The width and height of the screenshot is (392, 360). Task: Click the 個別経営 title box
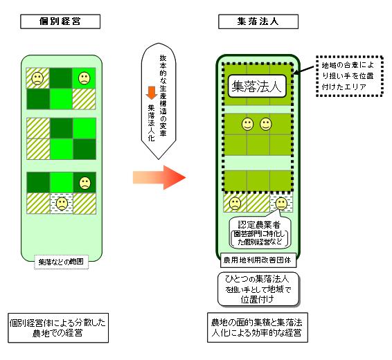tap(62, 21)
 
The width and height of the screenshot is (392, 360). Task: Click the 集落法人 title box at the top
tap(258, 21)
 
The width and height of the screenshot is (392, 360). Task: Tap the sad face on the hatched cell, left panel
tap(37, 78)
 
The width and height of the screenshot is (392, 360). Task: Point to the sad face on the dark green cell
tap(84, 183)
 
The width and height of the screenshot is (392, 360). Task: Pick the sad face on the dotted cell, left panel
tap(61, 204)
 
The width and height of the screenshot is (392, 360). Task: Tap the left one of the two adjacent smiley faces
tap(247, 125)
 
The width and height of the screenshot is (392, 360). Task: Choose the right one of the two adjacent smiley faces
tap(265, 125)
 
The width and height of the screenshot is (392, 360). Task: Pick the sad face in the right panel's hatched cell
tap(235, 203)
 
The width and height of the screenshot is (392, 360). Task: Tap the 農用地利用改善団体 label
tap(258, 262)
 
